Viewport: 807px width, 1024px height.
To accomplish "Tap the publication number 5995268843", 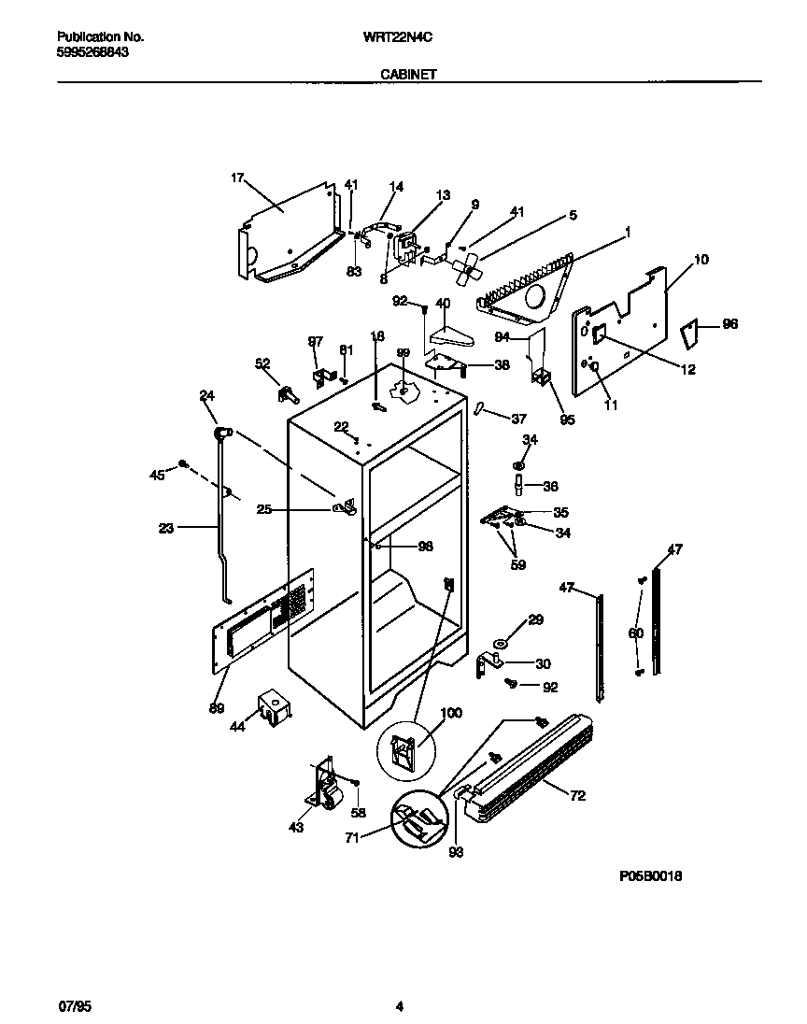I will pyautogui.click(x=93, y=53).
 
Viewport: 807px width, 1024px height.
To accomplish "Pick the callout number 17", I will pyautogui.click(x=237, y=177).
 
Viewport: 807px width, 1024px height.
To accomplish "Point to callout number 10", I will pyautogui.click(x=701, y=259).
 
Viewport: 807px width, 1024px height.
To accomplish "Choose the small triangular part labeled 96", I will pyautogui.click(x=689, y=333).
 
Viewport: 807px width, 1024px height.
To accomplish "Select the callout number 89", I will pyautogui.click(x=217, y=708).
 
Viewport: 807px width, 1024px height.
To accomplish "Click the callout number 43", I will pyautogui.click(x=296, y=828).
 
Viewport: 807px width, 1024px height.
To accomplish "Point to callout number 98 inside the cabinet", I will pyautogui.click(x=425, y=547).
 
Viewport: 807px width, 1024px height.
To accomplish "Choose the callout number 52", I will pyautogui.click(x=262, y=363).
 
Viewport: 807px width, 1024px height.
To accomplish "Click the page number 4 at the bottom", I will pyautogui.click(x=399, y=1006).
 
